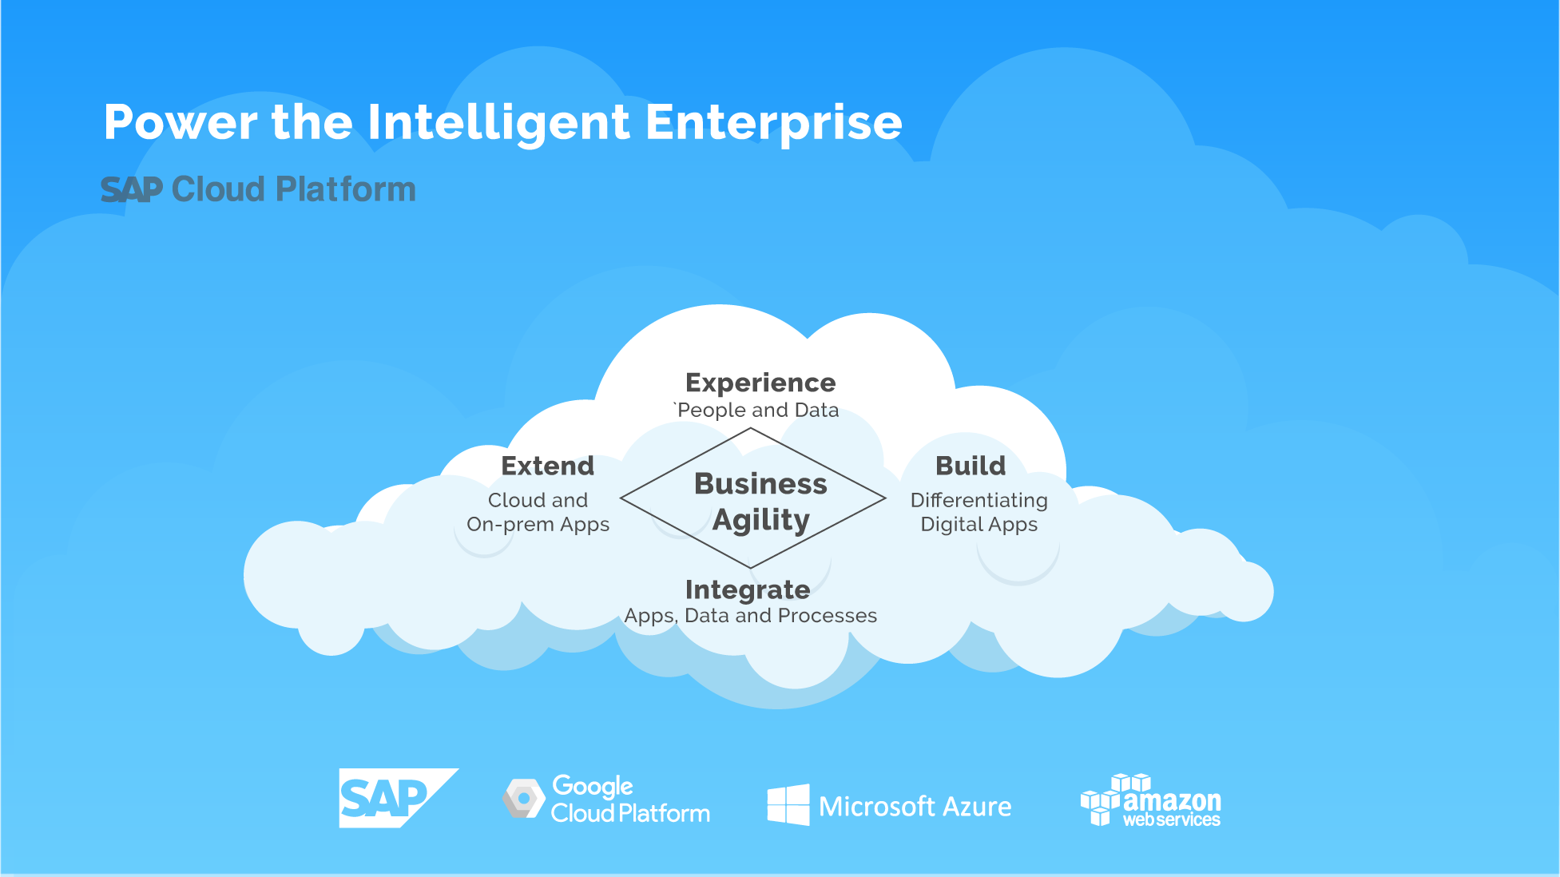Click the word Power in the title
181,123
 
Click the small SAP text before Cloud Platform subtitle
132,190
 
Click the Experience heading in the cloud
760,383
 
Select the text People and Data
758,411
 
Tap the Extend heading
547,466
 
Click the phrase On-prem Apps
538,525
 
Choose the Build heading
971,466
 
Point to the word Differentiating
978,500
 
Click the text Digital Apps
978,525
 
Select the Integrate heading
748,589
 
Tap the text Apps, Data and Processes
750,616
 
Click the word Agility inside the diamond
761,520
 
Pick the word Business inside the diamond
760,484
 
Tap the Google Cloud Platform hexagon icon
524,798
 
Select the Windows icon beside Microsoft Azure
788,804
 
